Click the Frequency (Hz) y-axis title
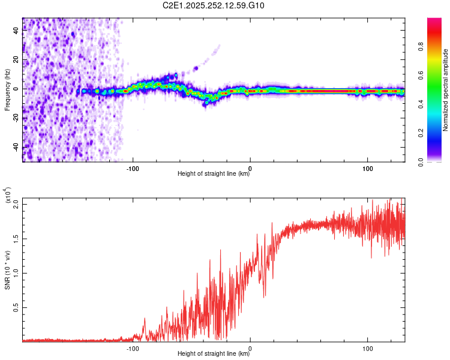pos(7,89)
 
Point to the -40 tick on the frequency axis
pos(16,148)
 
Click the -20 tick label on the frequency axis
pos(16,118)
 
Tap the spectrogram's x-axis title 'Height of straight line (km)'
pos(214,174)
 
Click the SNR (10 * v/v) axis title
pos(7,270)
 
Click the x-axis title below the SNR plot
pos(214,354)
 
